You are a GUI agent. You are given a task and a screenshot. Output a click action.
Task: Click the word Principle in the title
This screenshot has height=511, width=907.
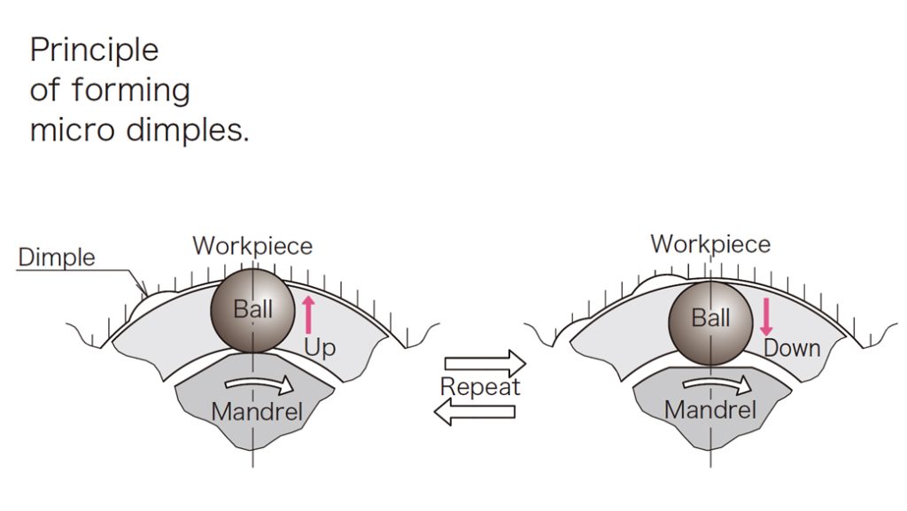(x=94, y=50)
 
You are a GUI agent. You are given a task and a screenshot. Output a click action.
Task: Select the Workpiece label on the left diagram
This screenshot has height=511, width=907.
(x=252, y=245)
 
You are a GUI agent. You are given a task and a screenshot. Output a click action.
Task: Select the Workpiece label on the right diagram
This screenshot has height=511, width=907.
(x=710, y=244)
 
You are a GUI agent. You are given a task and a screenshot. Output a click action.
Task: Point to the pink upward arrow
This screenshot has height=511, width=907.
(x=308, y=315)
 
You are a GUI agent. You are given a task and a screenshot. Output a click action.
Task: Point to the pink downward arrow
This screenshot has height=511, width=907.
(x=766, y=317)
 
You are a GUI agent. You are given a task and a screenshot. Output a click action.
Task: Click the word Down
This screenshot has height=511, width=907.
(x=792, y=348)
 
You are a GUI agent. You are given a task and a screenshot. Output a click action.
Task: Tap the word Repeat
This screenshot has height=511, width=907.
(x=479, y=387)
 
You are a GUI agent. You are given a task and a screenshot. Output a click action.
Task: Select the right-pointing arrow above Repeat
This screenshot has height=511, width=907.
(x=484, y=363)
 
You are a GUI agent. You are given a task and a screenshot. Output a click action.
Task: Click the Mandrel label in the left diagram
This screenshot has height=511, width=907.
(x=257, y=411)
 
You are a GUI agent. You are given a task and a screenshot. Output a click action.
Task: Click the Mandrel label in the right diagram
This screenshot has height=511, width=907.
(x=710, y=410)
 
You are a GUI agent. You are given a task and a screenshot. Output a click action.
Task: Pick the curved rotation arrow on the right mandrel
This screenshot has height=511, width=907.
(x=717, y=385)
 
